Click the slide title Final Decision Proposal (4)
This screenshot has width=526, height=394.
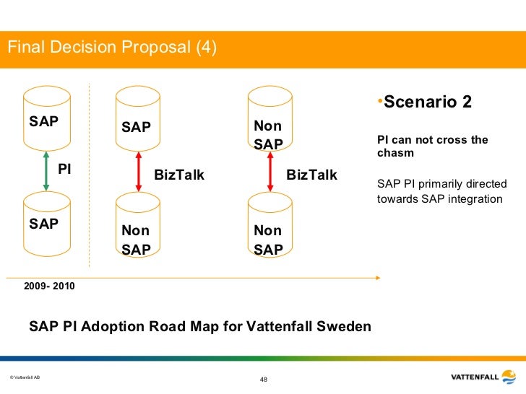112,48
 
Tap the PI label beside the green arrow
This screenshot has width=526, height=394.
64,170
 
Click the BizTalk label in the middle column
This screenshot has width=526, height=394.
179,175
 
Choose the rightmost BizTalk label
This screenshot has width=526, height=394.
311,175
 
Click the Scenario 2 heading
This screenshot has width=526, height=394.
427,102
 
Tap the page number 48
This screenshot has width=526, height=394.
263,380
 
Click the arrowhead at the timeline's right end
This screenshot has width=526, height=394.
378,276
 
